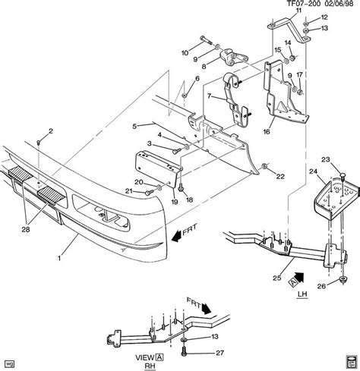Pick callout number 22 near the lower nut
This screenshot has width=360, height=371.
[280, 177]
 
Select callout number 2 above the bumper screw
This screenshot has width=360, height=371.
[50, 131]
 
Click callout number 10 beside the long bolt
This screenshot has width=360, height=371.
[185, 52]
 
